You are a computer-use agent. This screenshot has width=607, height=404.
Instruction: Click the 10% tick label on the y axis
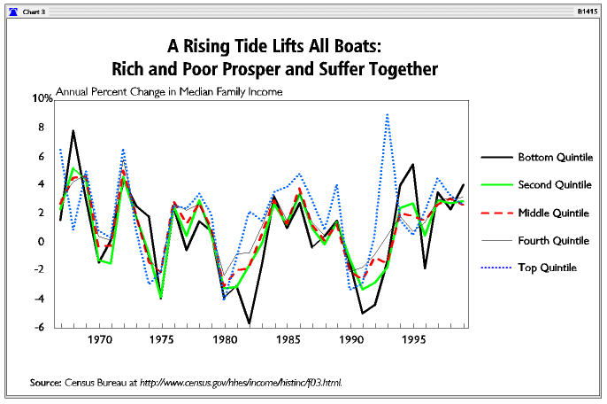pyautogui.click(x=43, y=98)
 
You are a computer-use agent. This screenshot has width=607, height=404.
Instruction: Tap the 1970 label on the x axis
pyautogui.click(x=100, y=339)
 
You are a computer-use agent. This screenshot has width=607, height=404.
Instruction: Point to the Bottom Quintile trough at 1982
pyautogui.click(x=250, y=322)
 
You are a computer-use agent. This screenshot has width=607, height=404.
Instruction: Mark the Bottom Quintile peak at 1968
pyautogui.click(x=73, y=131)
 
